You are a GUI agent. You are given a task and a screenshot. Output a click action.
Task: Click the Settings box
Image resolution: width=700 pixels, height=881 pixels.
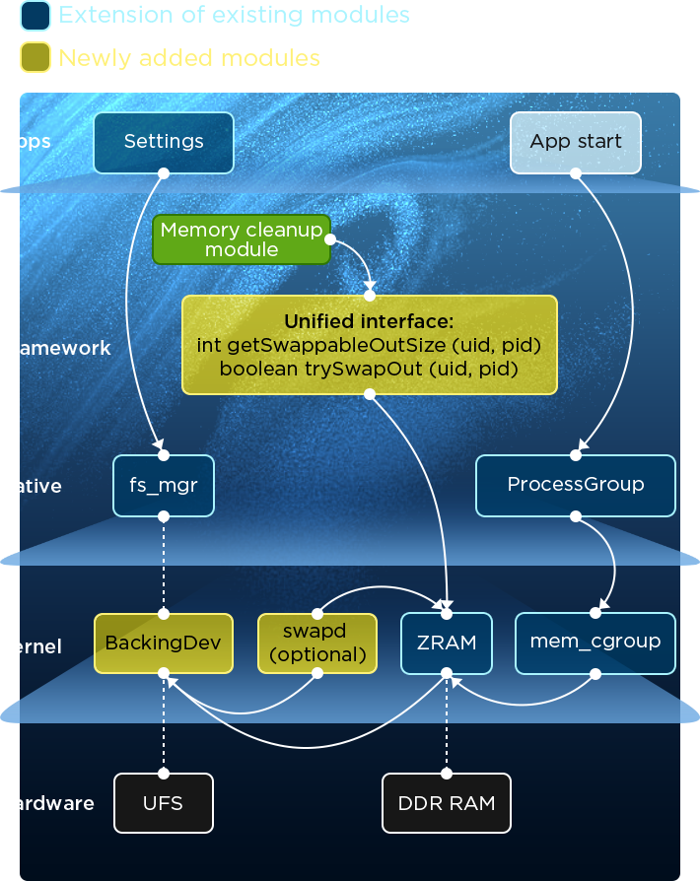164,142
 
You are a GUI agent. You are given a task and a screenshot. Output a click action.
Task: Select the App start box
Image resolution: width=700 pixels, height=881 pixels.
576,142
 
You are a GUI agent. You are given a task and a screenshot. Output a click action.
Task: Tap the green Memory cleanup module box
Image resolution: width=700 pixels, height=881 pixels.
242,239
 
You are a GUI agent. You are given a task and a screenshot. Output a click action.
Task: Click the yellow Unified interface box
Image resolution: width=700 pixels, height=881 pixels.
370,345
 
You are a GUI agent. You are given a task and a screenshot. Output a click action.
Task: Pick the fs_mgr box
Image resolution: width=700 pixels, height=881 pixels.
164,485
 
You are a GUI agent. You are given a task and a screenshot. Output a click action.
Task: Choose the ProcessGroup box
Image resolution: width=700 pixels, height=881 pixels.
576,485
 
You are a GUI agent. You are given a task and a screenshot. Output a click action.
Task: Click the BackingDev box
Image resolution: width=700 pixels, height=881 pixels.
164,643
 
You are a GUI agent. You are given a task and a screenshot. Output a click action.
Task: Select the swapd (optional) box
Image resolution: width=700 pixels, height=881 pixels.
317,643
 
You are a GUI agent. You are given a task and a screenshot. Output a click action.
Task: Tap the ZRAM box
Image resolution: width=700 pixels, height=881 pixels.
447,643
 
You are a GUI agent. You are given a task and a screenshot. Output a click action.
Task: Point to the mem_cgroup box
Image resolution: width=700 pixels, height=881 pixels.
595,643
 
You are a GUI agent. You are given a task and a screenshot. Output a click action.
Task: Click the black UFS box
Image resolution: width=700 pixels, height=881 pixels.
164,803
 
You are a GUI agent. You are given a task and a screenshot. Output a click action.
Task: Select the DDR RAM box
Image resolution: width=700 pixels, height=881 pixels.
447,803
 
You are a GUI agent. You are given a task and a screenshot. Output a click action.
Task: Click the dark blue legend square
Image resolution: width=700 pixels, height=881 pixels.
35,16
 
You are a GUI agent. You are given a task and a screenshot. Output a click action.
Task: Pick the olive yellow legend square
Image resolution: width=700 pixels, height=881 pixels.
35,58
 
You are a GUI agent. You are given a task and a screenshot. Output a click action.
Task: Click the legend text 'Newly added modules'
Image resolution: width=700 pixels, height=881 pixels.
189,58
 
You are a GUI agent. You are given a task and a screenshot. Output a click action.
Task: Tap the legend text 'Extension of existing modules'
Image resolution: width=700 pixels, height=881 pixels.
235,15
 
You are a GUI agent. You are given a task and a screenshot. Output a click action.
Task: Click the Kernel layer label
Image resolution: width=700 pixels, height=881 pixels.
34,646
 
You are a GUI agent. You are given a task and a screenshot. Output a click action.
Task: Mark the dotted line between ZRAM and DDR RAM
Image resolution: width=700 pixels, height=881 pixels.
447,724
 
